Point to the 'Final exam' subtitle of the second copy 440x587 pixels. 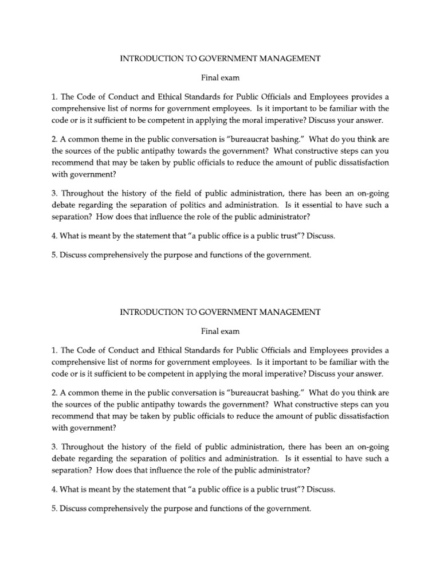[x=220, y=331]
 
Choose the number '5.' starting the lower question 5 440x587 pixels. [x=55, y=508]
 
